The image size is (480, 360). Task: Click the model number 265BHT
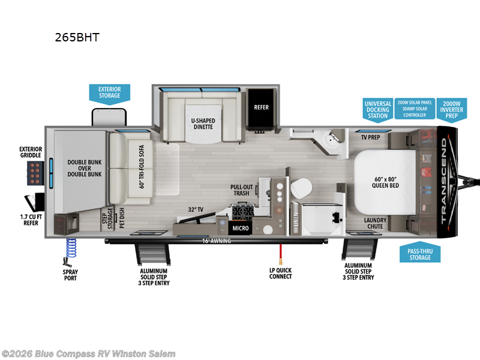(x=77, y=37)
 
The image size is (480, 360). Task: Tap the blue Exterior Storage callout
(x=109, y=92)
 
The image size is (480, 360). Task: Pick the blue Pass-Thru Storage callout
(x=420, y=254)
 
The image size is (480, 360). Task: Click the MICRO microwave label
(x=241, y=229)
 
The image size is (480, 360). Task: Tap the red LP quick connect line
(x=280, y=254)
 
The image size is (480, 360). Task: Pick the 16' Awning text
(x=217, y=241)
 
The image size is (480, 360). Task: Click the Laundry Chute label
(x=374, y=224)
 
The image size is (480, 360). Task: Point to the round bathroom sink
(x=330, y=142)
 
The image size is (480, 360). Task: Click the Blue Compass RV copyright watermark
(x=89, y=353)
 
